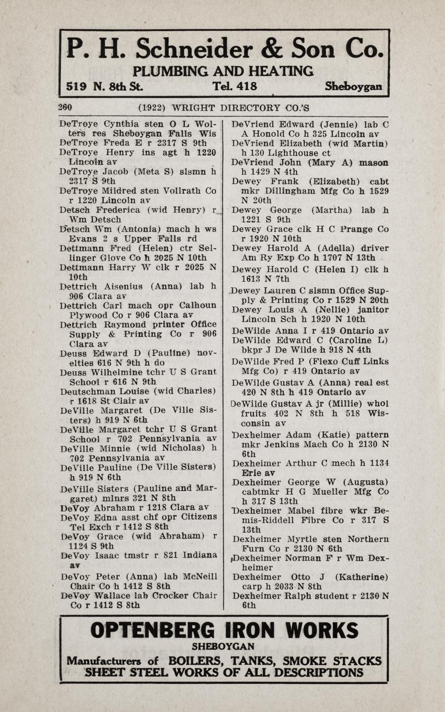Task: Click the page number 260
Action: [65, 107]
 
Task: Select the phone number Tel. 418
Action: [234, 86]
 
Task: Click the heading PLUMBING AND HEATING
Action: [223, 71]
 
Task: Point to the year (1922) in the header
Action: [151, 108]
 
